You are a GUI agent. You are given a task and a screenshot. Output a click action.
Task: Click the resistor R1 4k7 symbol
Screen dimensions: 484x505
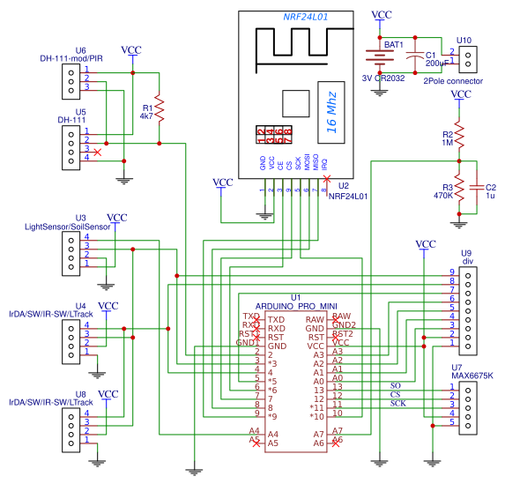160,108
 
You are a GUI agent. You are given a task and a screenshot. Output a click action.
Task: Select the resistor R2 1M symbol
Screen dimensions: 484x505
458,137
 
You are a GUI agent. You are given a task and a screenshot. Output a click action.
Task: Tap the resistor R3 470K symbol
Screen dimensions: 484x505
458,190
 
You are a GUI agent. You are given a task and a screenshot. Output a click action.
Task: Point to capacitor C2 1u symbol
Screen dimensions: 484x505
478,189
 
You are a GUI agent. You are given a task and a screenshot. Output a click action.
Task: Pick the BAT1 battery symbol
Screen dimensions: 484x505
380,58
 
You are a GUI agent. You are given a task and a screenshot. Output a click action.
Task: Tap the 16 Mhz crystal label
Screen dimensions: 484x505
330,111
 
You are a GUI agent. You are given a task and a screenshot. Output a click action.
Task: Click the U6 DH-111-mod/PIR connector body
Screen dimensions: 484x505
74,78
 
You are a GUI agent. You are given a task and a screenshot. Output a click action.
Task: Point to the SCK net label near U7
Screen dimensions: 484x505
397,404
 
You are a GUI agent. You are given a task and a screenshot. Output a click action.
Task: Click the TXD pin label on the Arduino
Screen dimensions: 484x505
276,317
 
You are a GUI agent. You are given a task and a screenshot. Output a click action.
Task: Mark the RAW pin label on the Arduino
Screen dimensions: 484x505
315,317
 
